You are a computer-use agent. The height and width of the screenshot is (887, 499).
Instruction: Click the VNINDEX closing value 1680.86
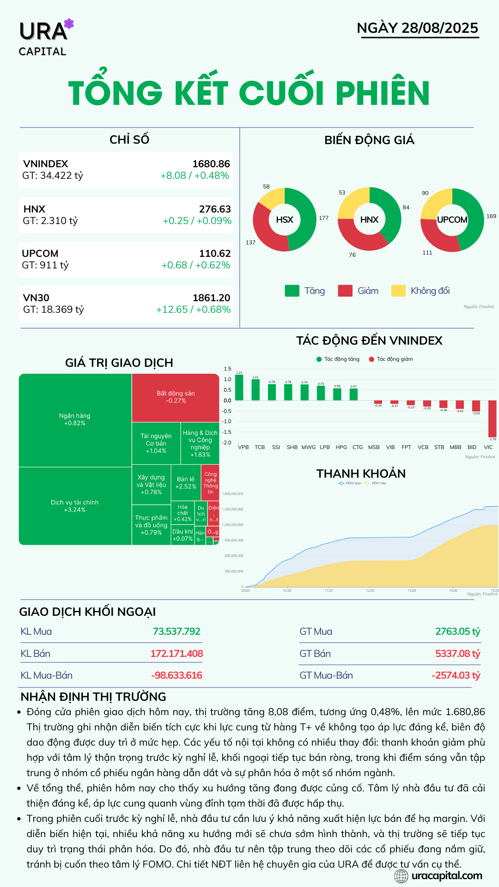tap(211, 164)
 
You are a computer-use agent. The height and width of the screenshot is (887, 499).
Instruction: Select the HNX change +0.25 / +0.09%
tap(197, 221)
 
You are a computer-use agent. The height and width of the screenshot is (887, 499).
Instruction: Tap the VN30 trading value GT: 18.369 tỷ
tap(54, 310)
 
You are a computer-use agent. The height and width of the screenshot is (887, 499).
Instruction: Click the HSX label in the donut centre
tap(285, 220)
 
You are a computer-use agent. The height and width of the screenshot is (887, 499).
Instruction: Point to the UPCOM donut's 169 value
tap(491, 216)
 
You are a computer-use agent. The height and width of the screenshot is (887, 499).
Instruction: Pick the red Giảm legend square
tap(345, 291)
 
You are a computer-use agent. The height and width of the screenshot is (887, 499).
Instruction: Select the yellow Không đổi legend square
tap(398, 291)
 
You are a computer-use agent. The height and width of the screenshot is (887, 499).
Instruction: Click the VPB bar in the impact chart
tap(239, 387)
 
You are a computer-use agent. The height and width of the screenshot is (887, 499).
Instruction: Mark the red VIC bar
tap(492, 419)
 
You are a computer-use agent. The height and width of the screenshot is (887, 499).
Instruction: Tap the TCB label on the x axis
tap(260, 447)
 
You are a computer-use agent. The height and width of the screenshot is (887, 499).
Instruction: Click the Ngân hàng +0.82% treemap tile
tap(75, 419)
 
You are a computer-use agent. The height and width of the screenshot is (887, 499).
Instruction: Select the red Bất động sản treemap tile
tap(176, 397)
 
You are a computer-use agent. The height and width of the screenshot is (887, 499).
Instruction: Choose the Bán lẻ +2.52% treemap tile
tap(186, 483)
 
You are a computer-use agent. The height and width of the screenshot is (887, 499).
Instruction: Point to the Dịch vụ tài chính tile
tap(75, 506)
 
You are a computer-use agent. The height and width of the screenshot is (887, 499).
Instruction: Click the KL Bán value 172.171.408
tap(176, 654)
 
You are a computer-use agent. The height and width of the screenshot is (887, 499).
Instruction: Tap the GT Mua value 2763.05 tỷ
tap(457, 632)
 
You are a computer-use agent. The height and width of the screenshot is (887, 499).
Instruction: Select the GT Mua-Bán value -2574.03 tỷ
tap(456, 675)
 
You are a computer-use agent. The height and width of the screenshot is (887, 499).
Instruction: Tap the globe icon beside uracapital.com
tap(401, 876)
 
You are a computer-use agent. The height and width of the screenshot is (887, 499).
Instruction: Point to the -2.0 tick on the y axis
tap(227, 443)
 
